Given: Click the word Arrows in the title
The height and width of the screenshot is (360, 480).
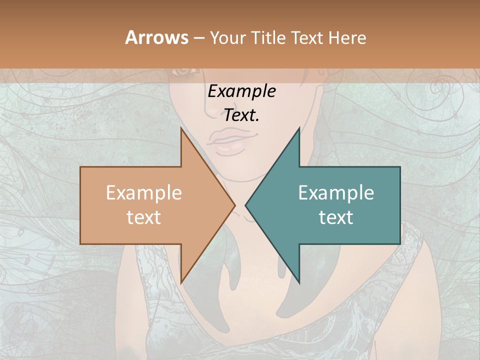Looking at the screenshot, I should coord(156,37).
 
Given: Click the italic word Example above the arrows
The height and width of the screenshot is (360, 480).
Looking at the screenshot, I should coord(241,91).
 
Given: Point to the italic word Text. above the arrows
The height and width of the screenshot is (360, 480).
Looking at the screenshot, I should coord(241,115).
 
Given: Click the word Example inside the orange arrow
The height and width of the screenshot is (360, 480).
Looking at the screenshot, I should coord(144,192).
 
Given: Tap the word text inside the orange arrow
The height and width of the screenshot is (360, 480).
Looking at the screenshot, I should coord(144,217).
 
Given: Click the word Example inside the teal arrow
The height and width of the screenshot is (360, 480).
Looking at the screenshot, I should coord(336,192).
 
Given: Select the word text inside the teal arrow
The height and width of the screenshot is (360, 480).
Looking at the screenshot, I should coord(336,217).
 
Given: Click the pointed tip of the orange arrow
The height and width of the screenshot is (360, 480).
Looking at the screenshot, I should coord(235,205).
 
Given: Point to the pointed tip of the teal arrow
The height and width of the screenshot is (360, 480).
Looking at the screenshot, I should coord(245,205).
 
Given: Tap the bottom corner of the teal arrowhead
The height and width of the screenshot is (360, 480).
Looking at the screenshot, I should coord(299,283).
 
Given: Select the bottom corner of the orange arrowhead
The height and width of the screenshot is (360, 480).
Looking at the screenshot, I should coord(181,283).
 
